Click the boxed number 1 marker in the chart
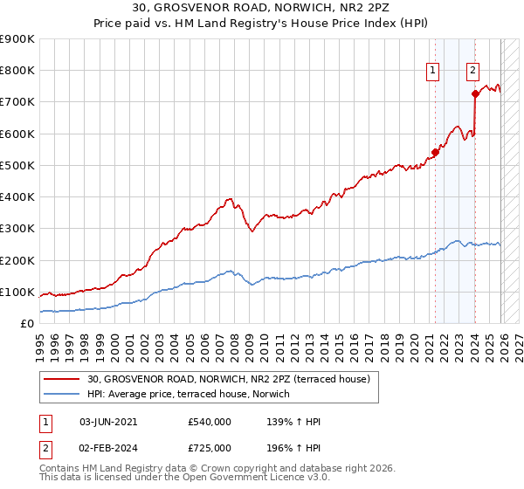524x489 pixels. coord(433,72)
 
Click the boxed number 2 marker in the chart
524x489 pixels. coord(472,72)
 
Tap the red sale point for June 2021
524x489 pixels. coord(435,153)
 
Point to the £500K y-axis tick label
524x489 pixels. coord(17,165)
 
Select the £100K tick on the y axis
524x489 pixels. coord(17,292)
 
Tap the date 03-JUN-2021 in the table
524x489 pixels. coord(108,422)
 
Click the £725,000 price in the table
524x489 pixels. coord(210,447)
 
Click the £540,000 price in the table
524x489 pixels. coord(210,422)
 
